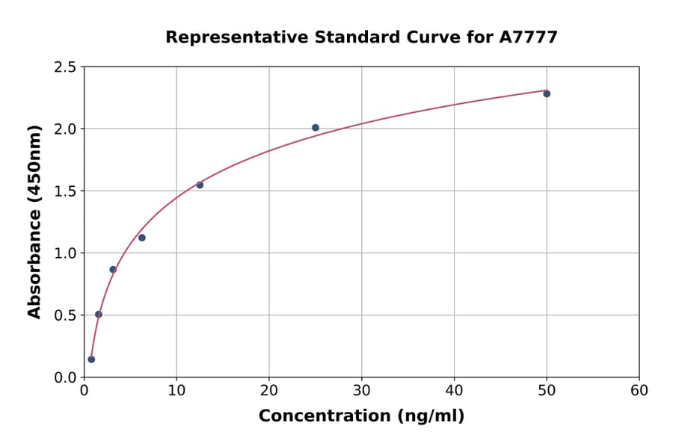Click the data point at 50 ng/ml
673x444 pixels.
547,93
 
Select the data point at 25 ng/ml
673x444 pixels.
316,128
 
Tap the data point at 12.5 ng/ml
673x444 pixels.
200,185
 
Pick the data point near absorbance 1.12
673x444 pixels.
142,238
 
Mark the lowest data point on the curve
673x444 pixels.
91,360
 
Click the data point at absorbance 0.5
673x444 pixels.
99,315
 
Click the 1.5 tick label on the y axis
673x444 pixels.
65,191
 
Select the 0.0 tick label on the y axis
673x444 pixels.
65,377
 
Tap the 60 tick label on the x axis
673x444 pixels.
639,390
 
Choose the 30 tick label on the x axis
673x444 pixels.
362,390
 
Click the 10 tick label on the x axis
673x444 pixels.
176,390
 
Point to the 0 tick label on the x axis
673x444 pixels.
84,390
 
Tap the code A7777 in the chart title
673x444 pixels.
529,37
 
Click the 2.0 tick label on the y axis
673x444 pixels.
65,129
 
